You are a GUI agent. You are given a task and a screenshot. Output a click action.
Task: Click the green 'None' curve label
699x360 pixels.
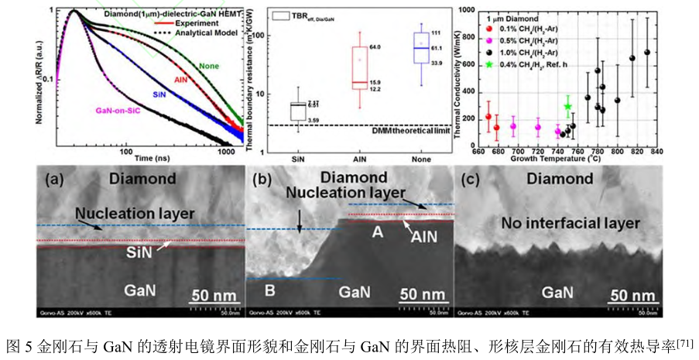[x=209, y=66]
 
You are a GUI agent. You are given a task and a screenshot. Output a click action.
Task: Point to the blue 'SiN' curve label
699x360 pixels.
[x=159, y=93]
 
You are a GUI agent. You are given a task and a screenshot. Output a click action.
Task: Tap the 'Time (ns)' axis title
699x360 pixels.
[x=151, y=157]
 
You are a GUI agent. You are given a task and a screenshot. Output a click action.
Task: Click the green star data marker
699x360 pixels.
[x=567, y=107]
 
